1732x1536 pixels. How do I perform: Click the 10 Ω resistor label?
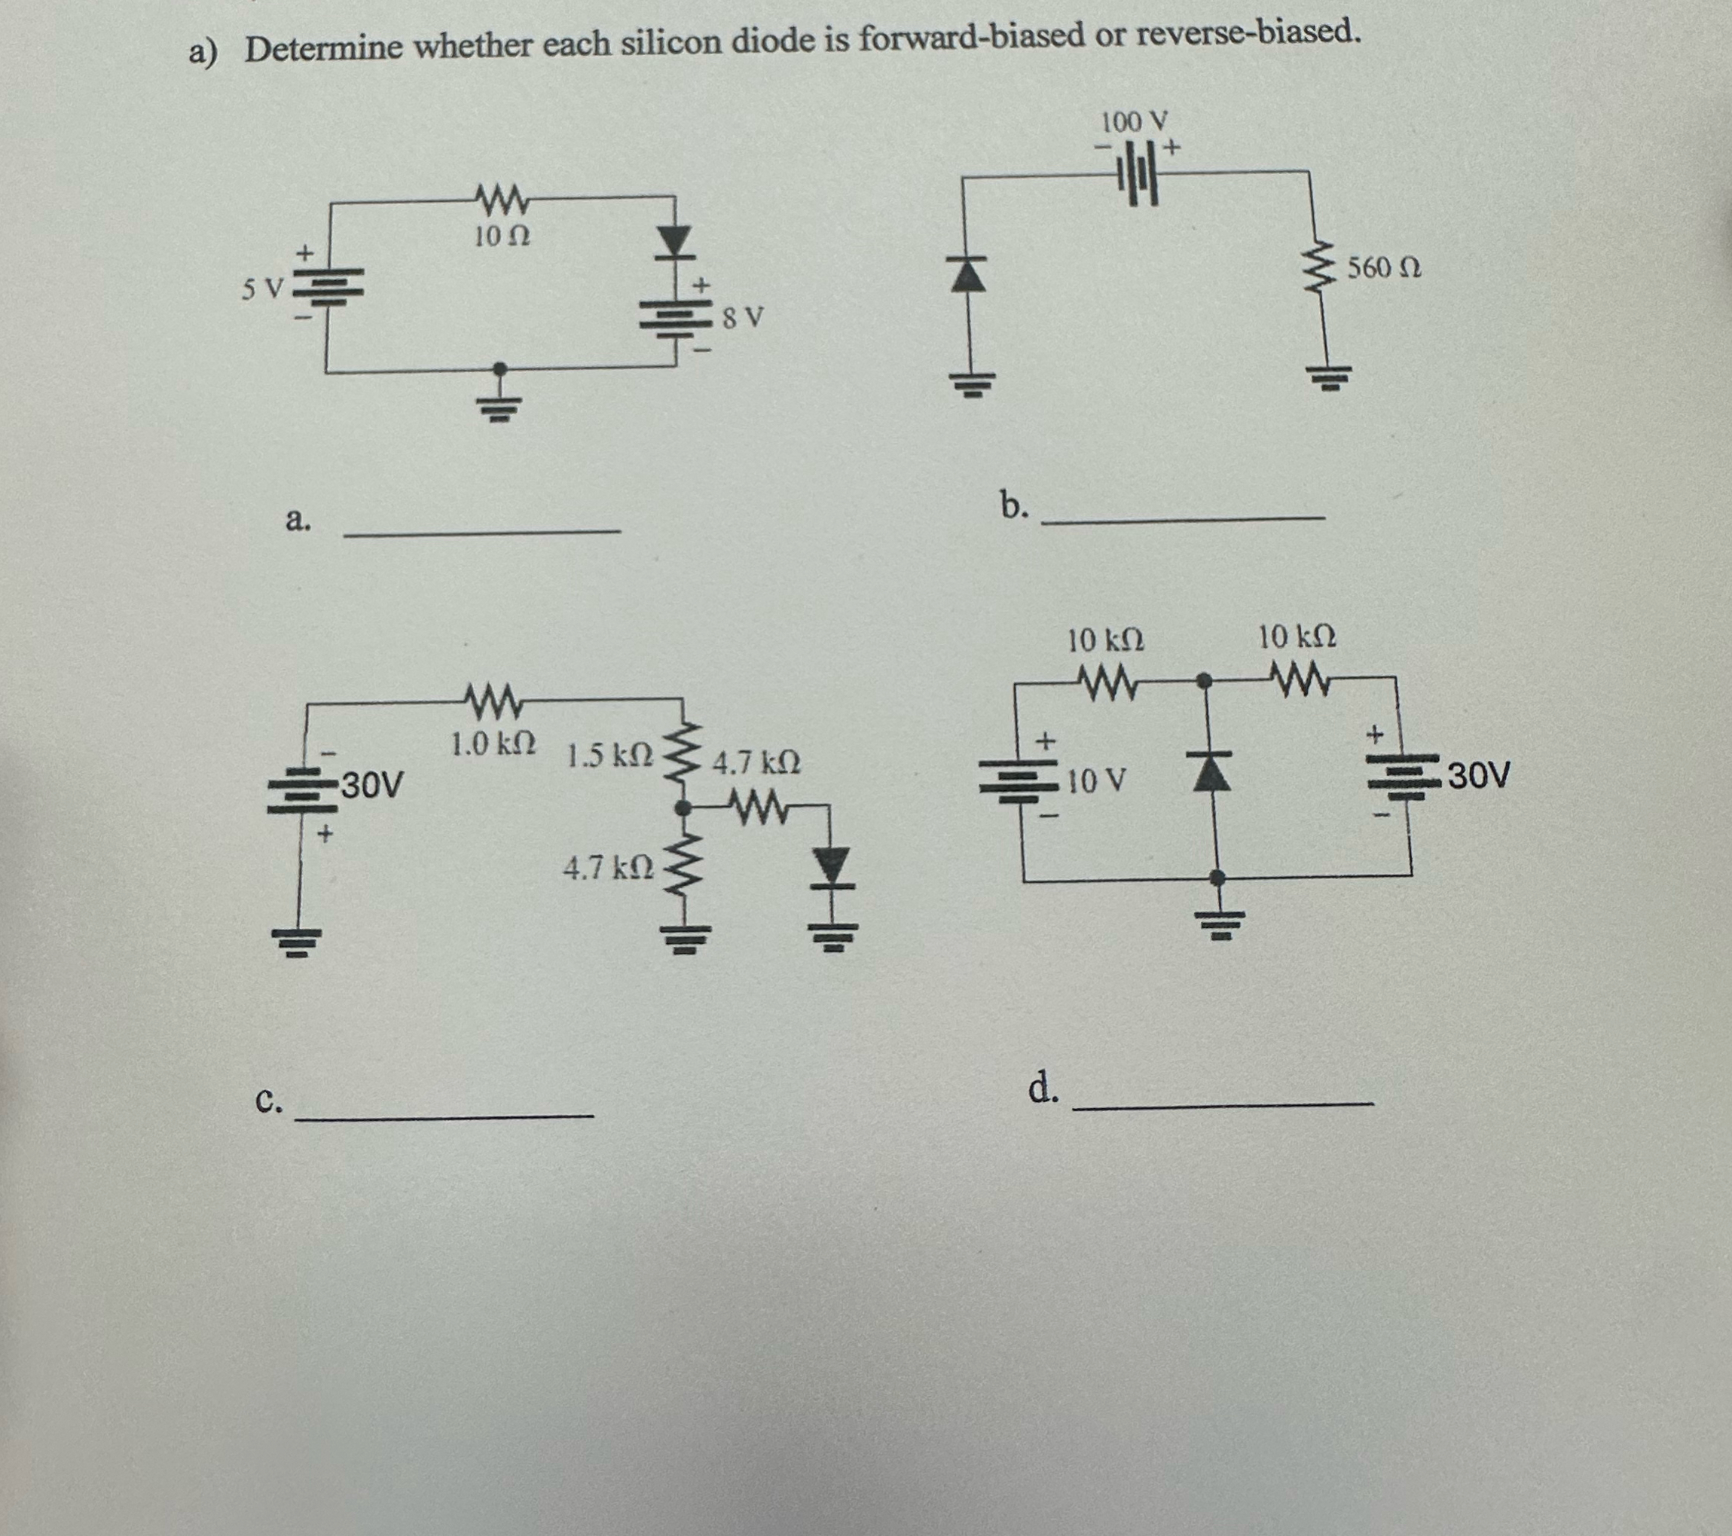[502, 237]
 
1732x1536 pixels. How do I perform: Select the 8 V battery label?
[743, 319]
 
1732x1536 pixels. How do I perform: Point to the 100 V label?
[1135, 123]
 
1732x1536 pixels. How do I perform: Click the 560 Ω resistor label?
[1384, 269]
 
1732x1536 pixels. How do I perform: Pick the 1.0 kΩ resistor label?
[492, 745]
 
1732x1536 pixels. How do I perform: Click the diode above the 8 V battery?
[674, 242]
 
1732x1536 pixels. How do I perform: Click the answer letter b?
[1013, 507]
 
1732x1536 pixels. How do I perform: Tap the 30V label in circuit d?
[1480, 774]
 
